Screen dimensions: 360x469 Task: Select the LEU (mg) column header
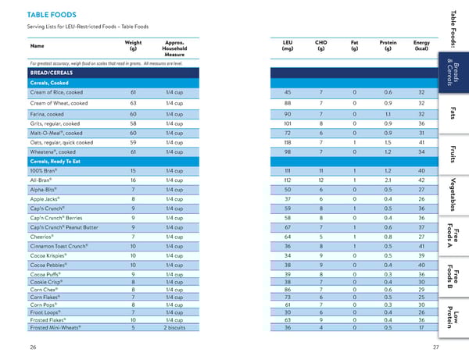(x=287, y=45)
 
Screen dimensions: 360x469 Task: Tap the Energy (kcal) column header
(x=421, y=45)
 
